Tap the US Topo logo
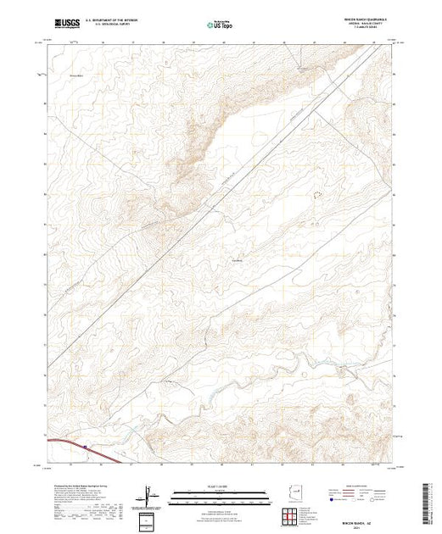tap(219, 26)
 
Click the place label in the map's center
tap(238, 259)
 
